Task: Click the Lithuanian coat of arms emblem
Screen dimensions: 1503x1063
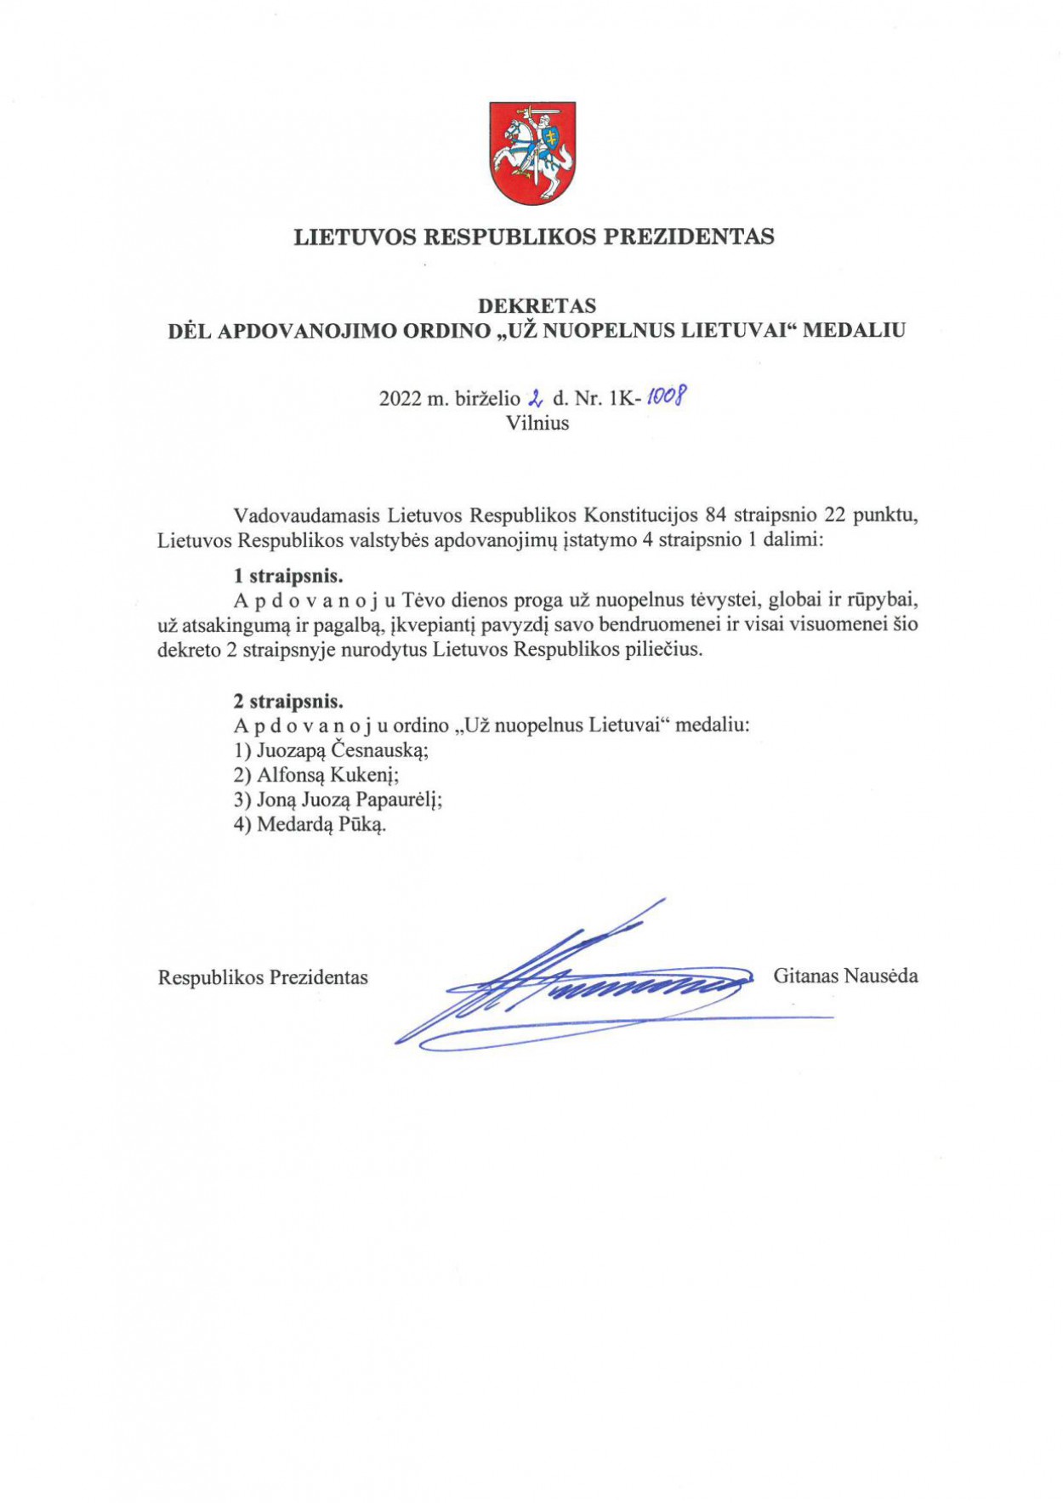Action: pyautogui.click(x=532, y=153)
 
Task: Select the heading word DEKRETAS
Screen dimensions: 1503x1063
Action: pyautogui.click(x=537, y=305)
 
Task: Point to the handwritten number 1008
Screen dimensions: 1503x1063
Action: pyautogui.click(x=667, y=396)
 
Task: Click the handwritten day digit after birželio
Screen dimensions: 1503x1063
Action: pyautogui.click(x=536, y=397)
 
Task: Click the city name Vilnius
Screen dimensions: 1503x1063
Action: pyautogui.click(x=537, y=423)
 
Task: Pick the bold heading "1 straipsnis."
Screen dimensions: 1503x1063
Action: pyautogui.click(x=288, y=576)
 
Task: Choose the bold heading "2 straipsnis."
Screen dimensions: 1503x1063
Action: pyautogui.click(x=288, y=702)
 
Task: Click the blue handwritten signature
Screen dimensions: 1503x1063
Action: pyautogui.click(x=587, y=987)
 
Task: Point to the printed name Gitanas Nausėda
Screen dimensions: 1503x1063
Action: pyautogui.click(x=845, y=976)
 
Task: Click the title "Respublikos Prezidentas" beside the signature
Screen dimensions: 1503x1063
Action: pyautogui.click(x=263, y=977)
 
